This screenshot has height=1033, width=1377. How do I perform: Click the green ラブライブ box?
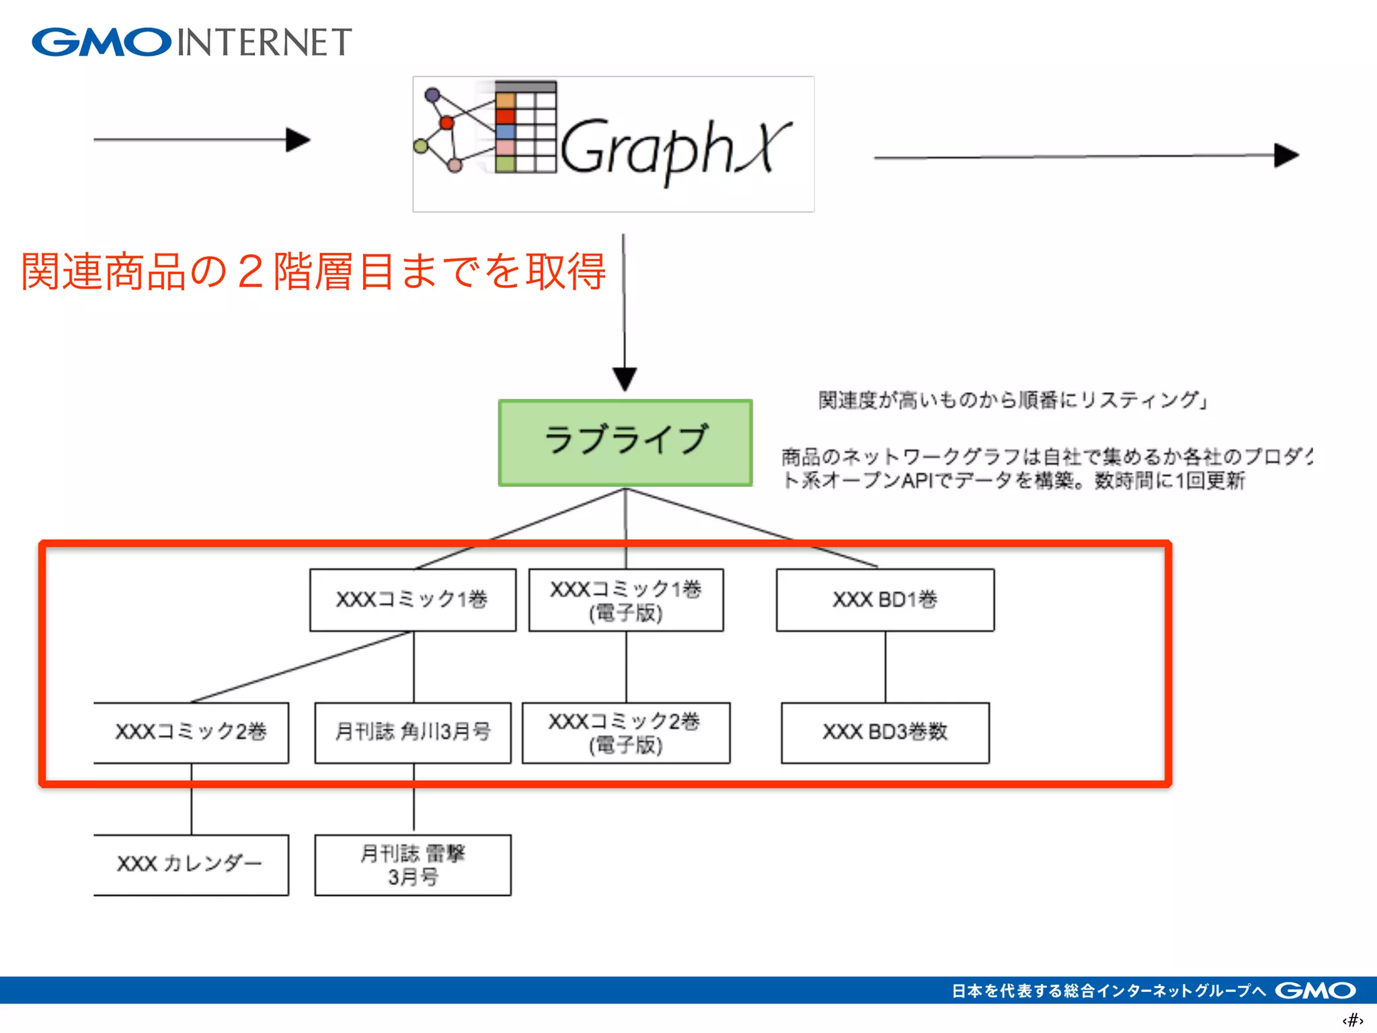click(625, 443)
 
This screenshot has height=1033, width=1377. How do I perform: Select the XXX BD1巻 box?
click(885, 600)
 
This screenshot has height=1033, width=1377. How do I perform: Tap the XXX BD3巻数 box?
click(885, 732)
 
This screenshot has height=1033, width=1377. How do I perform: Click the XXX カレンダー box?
click(191, 865)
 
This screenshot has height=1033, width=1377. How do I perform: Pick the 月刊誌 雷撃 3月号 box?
click(413, 865)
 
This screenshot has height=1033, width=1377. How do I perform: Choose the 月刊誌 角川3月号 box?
click(413, 732)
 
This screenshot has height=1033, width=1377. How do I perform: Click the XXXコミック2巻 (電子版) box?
click(626, 732)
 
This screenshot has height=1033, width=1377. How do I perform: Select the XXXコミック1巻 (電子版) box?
click(626, 600)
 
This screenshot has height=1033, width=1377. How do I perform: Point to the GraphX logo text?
click(676, 148)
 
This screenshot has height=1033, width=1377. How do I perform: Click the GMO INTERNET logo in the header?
click(192, 42)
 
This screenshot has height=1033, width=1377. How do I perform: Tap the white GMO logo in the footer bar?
click(1315, 991)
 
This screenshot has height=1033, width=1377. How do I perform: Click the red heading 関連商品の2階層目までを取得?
click(313, 272)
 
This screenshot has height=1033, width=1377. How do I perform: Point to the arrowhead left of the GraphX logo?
click(298, 140)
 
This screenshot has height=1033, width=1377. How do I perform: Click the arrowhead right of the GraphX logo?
click(1286, 155)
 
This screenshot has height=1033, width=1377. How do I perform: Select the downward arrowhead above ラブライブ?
click(625, 379)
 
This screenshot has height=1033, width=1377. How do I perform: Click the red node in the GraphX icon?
click(446, 122)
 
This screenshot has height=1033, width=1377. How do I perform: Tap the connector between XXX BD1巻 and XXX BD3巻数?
click(885, 666)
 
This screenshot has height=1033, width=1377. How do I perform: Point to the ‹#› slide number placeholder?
click(1352, 1020)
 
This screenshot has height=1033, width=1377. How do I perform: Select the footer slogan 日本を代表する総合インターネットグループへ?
click(1109, 991)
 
